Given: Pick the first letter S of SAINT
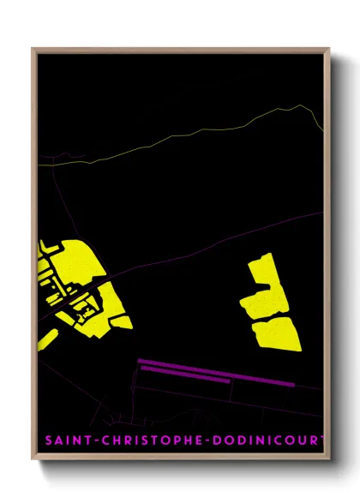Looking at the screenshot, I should (x=48, y=441).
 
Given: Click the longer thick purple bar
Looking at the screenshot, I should (x=214, y=373).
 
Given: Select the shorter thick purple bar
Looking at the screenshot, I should (x=184, y=378).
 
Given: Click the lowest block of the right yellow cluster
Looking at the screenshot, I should (x=276, y=333).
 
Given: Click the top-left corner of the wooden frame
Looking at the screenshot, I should (x=33, y=49).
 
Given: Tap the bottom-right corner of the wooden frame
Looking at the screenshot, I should (x=329, y=460).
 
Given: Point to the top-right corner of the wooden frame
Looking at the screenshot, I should (x=329, y=49).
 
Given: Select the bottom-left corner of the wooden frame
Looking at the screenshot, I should (x=33, y=460).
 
